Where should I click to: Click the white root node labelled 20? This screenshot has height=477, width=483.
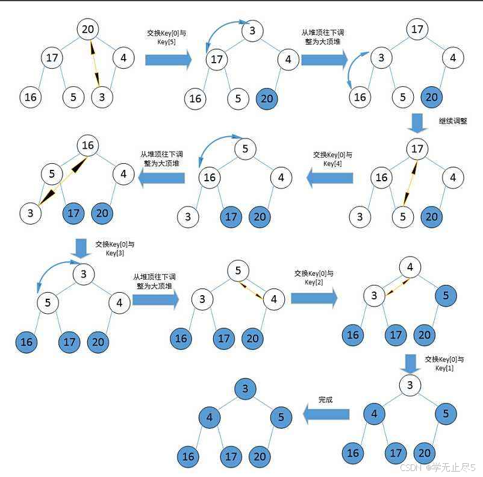coord(89,30)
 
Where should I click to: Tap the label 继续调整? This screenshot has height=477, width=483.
coord(452,121)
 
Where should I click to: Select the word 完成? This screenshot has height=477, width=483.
coord(325,399)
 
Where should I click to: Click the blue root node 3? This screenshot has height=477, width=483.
coord(245,388)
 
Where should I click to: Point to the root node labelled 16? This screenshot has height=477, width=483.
coord(88,145)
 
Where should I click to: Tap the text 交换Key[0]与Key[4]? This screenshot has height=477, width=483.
coord(332,159)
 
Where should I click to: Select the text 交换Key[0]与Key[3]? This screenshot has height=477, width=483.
coord(114,249)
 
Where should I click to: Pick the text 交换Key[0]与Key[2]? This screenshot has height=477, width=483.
coord(313,278)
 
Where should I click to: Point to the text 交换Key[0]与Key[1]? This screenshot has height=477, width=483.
coord(444,363)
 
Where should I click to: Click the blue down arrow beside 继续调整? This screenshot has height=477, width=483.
coord(416,123)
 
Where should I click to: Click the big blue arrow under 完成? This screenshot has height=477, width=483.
coord(326,414)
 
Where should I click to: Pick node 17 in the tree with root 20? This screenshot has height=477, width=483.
coord(52,58)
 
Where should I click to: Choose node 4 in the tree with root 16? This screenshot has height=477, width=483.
coord(123,175)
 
